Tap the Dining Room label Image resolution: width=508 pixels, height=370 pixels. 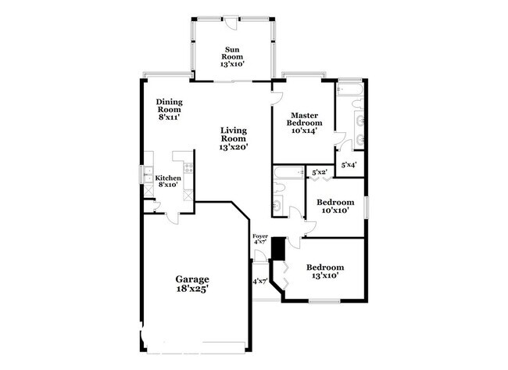[169, 110]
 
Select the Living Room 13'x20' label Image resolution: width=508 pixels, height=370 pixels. [234, 138]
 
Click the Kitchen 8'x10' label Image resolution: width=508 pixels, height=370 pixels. [168, 181]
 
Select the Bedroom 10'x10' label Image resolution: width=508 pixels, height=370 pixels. [334, 206]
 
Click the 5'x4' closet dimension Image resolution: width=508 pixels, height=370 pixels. [349, 165]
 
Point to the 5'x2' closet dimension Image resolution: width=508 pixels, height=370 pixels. [319, 172]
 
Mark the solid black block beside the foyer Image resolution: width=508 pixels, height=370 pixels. [275, 242]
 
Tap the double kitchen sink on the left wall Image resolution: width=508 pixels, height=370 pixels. [147, 189]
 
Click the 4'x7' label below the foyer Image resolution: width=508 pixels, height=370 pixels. [259, 281]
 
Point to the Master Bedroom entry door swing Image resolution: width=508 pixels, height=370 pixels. [276, 98]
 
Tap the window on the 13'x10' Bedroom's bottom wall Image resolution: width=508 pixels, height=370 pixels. [324, 301]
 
